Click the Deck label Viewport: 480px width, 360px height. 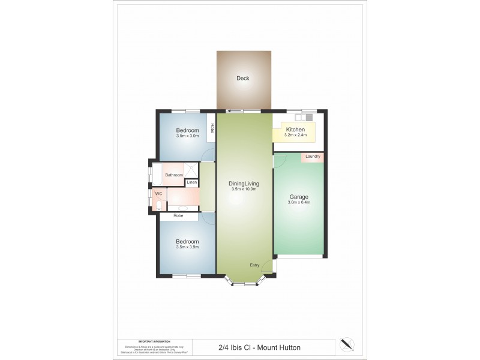pos(242,79)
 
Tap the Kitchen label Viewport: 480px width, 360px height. pos(295,130)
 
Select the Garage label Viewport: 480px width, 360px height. pos(298,196)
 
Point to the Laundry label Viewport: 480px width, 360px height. pos(312,157)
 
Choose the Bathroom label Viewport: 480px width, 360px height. pos(174,175)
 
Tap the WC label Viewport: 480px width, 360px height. pos(159,194)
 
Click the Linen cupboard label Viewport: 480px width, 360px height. pos(191,182)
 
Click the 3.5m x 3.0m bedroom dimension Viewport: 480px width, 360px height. pos(187,136)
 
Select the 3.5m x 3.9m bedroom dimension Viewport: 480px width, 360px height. pos(187,247)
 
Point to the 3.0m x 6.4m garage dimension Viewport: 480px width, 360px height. pos(298,202)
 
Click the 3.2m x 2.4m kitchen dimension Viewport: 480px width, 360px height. pos(295,135)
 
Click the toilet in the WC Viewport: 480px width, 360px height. pos(157,205)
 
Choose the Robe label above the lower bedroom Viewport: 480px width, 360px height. pos(178,215)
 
